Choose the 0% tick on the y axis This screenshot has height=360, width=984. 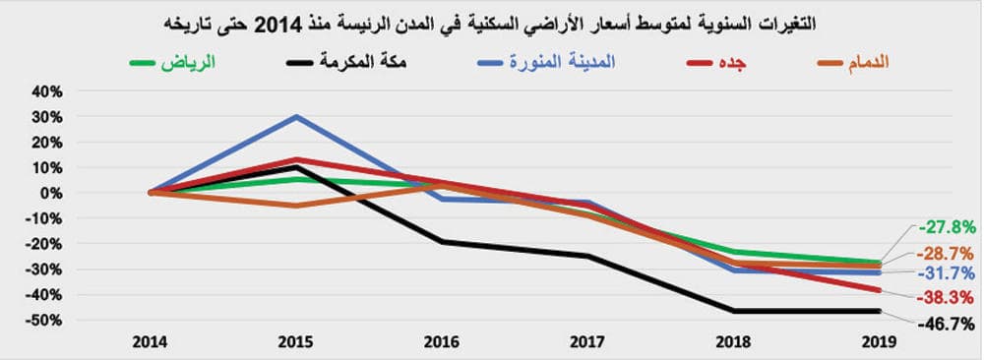coord(52,193)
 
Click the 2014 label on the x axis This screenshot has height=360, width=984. coord(151,341)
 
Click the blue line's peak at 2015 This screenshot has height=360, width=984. coord(296,116)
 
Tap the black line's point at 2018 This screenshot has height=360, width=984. coord(734,311)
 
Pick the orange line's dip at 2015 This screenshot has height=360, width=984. coord(296,206)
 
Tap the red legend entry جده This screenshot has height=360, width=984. coord(734,63)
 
